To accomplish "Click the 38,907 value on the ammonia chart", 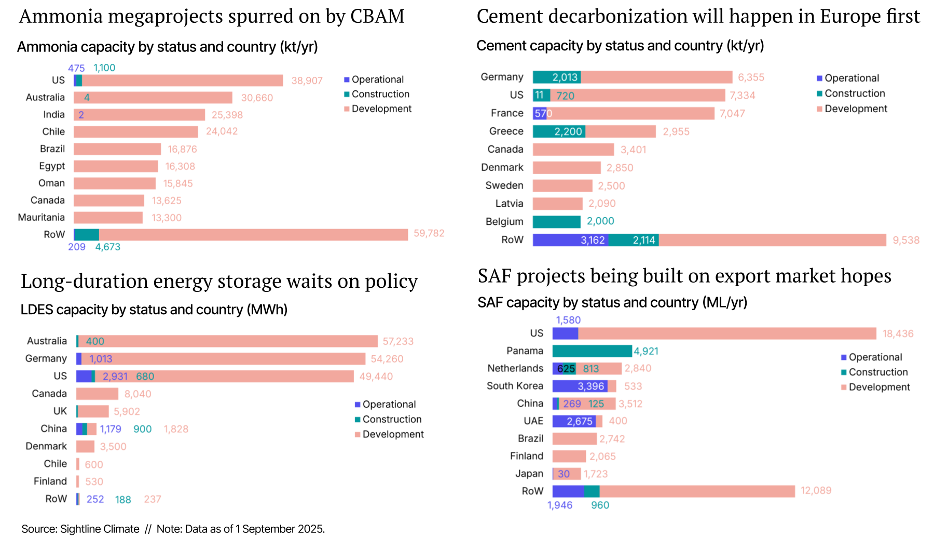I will pyautogui.click(x=307, y=81).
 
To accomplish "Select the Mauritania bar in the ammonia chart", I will pyautogui.click(x=108, y=218).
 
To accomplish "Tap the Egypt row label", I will pyautogui.click(x=52, y=166).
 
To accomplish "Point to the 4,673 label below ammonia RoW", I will pyautogui.click(x=107, y=247).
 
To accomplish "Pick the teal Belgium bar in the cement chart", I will pyautogui.click(x=556, y=222).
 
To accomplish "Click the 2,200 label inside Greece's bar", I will pyautogui.click(x=568, y=131).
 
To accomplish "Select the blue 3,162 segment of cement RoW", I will pyautogui.click(x=570, y=240).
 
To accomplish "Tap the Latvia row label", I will pyautogui.click(x=509, y=204).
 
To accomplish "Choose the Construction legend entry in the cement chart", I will pyautogui.click(x=855, y=93).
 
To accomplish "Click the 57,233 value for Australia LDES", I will pyautogui.click(x=398, y=341).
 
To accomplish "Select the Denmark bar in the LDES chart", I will pyautogui.click(x=85, y=447).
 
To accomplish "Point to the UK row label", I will pyautogui.click(x=60, y=411).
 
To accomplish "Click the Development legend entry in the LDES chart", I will pyautogui.click(x=393, y=434).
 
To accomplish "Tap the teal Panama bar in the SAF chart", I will pyautogui.click(x=592, y=351).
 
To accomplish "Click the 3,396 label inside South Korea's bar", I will pyautogui.click(x=590, y=386).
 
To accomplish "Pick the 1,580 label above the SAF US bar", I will pyautogui.click(x=568, y=320).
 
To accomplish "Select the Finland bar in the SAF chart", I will pyautogui.click(x=569, y=457).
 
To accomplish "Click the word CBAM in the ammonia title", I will pyautogui.click(x=377, y=17).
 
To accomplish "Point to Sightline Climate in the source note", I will pyautogui.click(x=100, y=529).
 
